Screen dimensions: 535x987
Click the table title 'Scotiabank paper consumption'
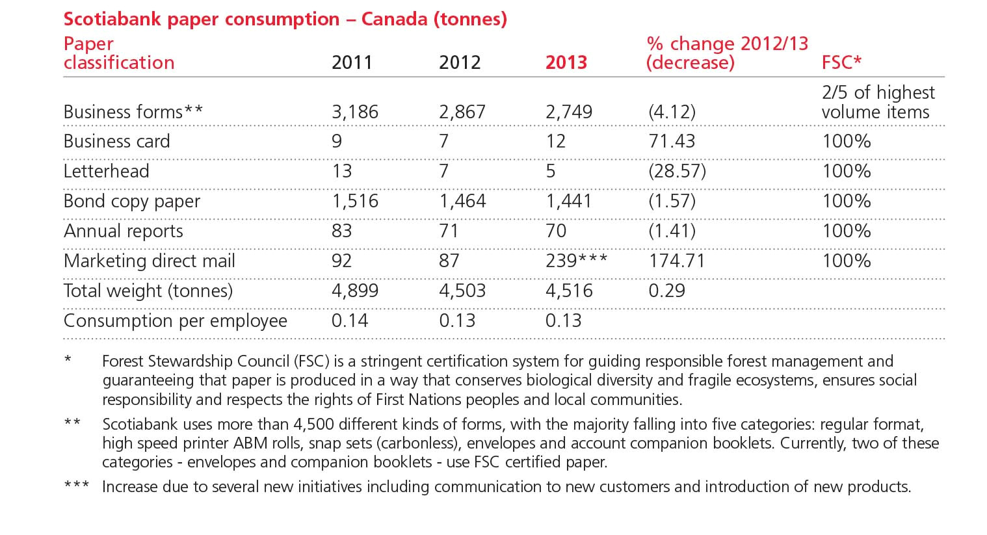pyautogui.click(x=285, y=19)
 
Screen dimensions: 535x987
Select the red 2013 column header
pyautogui.click(x=566, y=62)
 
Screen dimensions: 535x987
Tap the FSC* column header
pyautogui.click(x=841, y=62)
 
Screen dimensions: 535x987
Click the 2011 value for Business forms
pyautogui.click(x=354, y=112)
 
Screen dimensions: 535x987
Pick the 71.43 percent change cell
pyautogui.click(x=672, y=141)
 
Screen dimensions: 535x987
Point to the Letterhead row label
pyautogui.click(x=107, y=171)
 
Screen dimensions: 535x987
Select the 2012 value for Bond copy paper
pyautogui.click(x=462, y=201)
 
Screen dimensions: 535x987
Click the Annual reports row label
pyautogui.click(x=124, y=231)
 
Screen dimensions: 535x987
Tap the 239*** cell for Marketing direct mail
pyautogui.click(x=576, y=261)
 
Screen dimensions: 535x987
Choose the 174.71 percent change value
pyautogui.click(x=677, y=261)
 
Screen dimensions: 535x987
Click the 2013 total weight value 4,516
pyautogui.click(x=569, y=291)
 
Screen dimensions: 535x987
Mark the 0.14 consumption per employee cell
pyautogui.click(x=350, y=320)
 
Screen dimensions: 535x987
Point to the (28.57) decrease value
pyautogui.click(x=677, y=171)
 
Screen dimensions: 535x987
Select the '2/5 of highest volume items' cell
pyautogui.click(x=878, y=102)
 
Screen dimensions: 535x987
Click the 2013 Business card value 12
pyautogui.click(x=555, y=141)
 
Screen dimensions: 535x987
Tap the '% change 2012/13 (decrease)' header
pyautogui.click(x=726, y=53)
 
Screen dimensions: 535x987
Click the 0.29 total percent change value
pyautogui.click(x=666, y=291)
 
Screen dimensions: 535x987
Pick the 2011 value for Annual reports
pyautogui.click(x=341, y=231)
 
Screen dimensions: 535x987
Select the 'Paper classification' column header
pyautogui.click(x=119, y=53)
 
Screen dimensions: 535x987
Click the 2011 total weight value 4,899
pyautogui.click(x=354, y=291)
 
